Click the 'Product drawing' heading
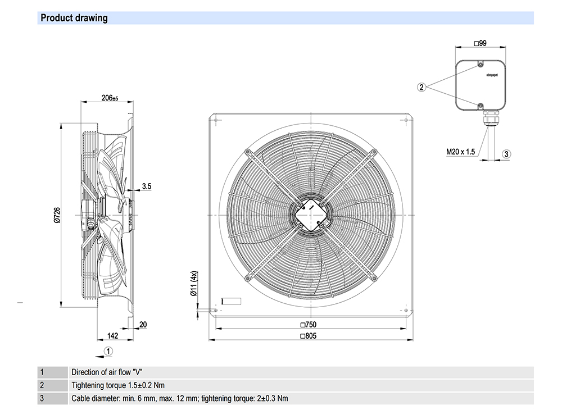tap(74, 18)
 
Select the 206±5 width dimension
tap(110, 98)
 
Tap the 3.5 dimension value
tap(146, 186)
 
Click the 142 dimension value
tap(113, 336)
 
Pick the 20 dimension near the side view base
tap(143, 325)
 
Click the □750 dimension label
tap(310, 325)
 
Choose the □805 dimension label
tap(310, 336)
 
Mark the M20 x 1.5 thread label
tap(461, 152)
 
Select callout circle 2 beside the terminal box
tap(422, 86)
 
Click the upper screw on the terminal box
tap(480, 65)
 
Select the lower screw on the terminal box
tap(480, 106)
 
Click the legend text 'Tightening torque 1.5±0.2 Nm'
tap(118, 385)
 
